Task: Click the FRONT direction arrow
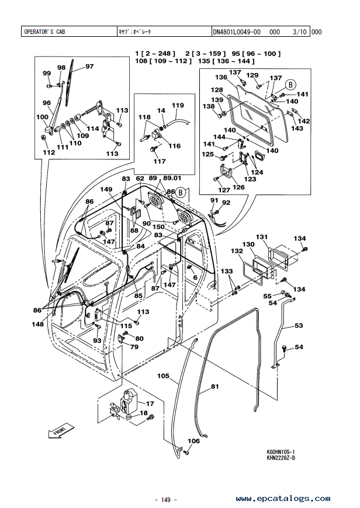tap(61, 431)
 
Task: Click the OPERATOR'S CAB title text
tap(44, 32)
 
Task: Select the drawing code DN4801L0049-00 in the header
tap(237, 32)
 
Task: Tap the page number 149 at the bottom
tap(165, 500)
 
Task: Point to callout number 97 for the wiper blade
tap(89, 67)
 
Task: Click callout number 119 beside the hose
tap(178, 105)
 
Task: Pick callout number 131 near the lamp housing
tap(262, 237)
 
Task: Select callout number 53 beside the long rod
tap(299, 325)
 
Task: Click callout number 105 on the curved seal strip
tap(163, 376)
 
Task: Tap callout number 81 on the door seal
tap(214, 386)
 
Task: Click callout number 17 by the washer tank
tap(150, 403)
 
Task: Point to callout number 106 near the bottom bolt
tap(193, 441)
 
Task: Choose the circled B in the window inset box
tap(290, 85)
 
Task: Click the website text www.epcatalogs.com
tap(283, 498)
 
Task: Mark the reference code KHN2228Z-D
tap(281, 458)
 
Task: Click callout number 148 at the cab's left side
tap(37, 324)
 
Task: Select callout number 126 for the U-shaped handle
tap(238, 187)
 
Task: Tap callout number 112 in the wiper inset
tap(49, 152)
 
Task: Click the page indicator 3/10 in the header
tap(299, 32)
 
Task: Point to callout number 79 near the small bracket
tap(134, 347)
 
